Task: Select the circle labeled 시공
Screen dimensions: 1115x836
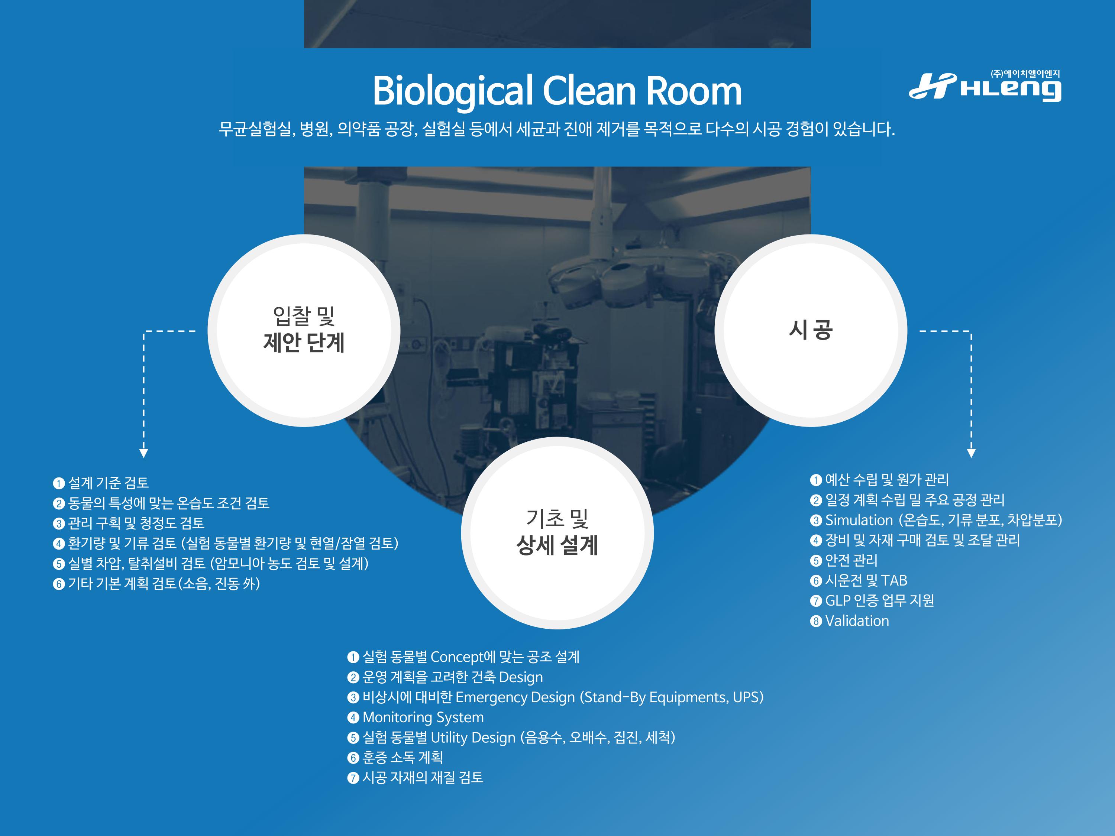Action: pyautogui.click(x=811, y=331)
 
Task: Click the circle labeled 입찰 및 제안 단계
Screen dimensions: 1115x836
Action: pyautogui.click(x=304, y=331)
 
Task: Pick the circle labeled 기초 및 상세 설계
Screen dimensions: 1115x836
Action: pyautogui.click(x=557, y=533)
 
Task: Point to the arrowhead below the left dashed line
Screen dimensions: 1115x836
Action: pyautogui.click(x=144, y=453)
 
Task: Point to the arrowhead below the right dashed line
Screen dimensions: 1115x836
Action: pyautogui.click(x=971, y=453)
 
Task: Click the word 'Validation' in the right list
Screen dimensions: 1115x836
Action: pyautogui.click(x=857, y=621)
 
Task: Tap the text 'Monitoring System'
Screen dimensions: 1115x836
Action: pyautogui.click(x=423, y=717)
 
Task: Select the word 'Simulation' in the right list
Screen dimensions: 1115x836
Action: pyautogui.click(x=859, y=520)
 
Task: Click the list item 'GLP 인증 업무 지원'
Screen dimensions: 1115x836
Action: pyautogui.click(x=880, y=601)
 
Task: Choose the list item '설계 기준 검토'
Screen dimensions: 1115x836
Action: pyautogui.click(x=109, y=483)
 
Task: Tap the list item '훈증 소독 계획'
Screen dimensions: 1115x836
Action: pyautogui.click(x=403, y=757)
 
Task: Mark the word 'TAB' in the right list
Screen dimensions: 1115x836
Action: pyautogui.click(x=894, y=580)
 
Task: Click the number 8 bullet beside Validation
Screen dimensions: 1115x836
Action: pyautogui.click(x=816, y=621)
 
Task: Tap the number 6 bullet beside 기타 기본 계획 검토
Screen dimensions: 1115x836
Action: pyautogui.click(x=59, y=584)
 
